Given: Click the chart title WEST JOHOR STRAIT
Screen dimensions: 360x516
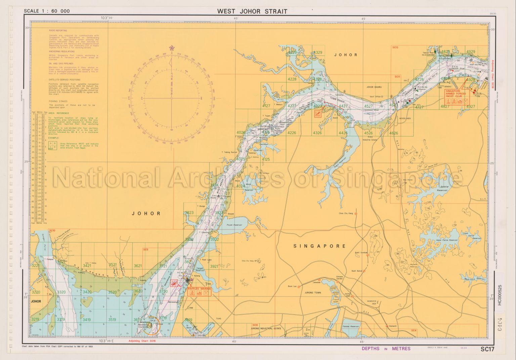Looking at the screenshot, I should click(252, 11).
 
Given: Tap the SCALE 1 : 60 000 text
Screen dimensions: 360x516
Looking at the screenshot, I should click(47, 11).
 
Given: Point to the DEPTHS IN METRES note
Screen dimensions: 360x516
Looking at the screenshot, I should click(386, 349).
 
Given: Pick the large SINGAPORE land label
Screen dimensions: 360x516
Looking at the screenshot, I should click(319, 246).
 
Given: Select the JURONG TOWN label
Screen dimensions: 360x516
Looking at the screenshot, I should click(313, 293).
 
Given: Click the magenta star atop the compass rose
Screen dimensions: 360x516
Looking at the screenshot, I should click(172, 48).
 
